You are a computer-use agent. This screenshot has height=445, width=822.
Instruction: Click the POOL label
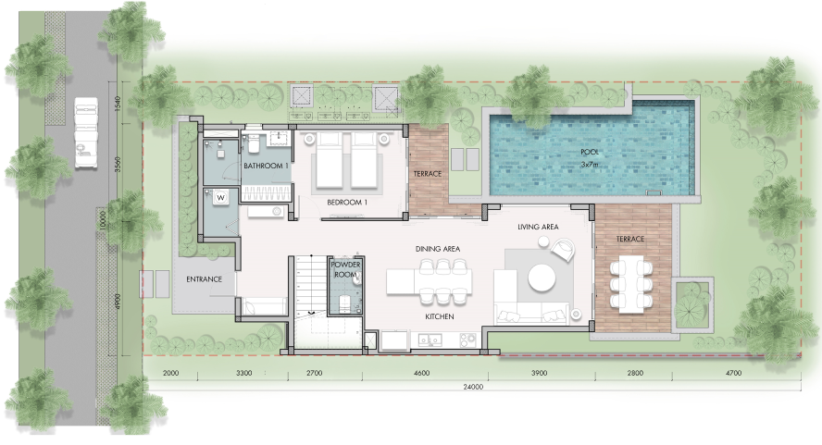tap(590, 152)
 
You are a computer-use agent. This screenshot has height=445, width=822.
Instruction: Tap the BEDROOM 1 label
tap(347, 203)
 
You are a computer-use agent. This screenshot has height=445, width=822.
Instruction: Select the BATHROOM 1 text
tap(267, 166)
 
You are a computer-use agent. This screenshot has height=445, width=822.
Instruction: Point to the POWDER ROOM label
tap(345, 269)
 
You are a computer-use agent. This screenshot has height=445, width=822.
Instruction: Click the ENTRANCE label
tap(204, 279)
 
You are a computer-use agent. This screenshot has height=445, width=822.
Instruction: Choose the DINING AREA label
tap(438, 249)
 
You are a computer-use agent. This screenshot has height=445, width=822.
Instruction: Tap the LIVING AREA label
tap(538, 227)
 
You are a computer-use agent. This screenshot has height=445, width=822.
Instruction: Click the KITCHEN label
tap(440, 316)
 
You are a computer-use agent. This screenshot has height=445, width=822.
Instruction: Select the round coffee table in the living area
tap(542, 278)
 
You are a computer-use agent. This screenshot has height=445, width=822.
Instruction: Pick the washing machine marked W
tap(220, 198)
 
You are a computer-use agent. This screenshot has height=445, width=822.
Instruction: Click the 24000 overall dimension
tap(473, 388)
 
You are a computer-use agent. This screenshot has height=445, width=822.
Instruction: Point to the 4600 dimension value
tap(421, 373)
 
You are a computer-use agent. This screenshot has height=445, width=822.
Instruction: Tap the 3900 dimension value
tap(539, 373)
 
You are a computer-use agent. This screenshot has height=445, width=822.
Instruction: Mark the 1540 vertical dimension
tap(118, 104)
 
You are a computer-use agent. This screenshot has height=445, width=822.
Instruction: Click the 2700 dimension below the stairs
tap(314, 373)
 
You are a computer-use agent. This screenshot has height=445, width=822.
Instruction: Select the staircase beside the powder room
tap(308, 286)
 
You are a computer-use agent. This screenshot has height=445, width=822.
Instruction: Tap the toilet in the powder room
tap(345, 303)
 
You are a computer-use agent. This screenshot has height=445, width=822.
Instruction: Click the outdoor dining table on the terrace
tap(630, 285)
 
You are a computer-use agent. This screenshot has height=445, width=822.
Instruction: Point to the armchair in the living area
tap(563, 249)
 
